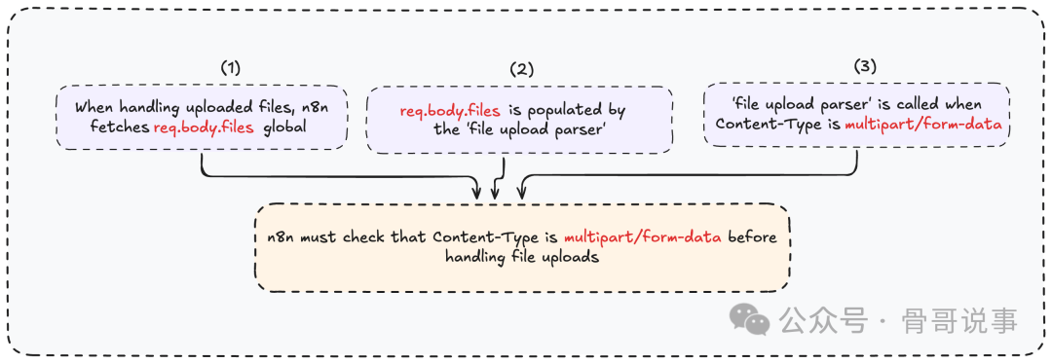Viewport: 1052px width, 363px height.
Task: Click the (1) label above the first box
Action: click(230, 68)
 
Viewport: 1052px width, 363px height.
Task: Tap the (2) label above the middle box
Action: click(522, 69)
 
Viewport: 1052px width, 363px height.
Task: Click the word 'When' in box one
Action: click(94, 108)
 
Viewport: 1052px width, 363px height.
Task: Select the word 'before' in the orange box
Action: click(754, 237)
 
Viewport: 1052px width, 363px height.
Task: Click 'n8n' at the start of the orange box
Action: click(283, 237)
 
